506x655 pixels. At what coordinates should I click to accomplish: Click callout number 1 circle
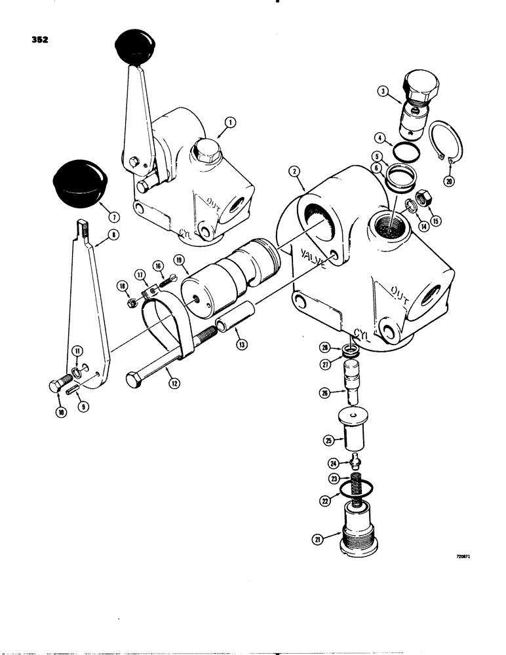(x=229, y=122)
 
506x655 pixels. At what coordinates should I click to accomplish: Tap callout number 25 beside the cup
(x=330, y=439)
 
